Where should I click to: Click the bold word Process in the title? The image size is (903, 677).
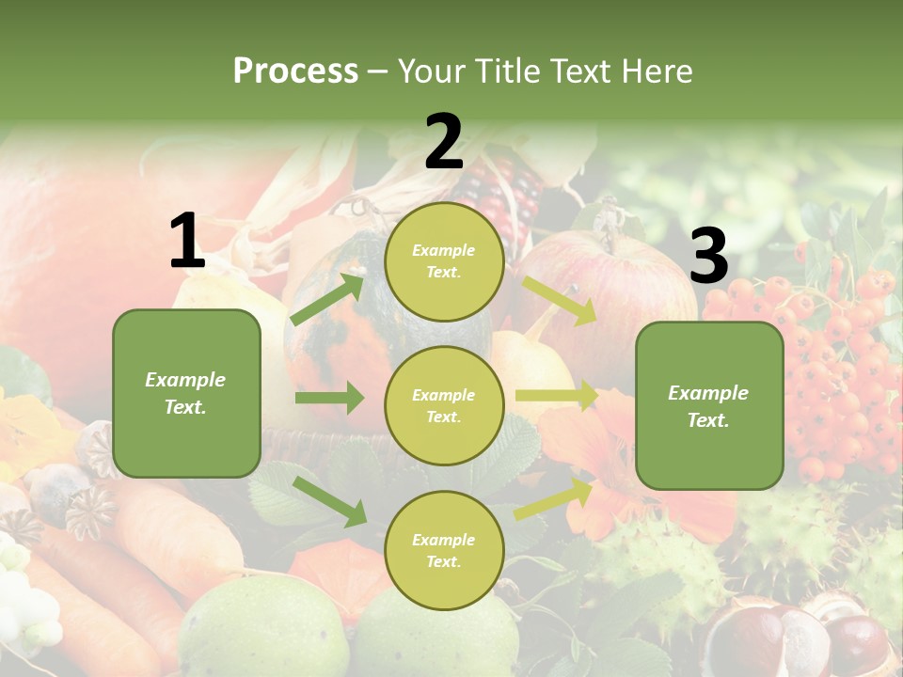(x=295, y=71)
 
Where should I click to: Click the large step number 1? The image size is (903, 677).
(x=187, y=241)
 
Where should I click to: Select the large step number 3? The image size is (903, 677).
(x=708, y=256)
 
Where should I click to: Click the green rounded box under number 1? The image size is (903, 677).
(x=186, y=393)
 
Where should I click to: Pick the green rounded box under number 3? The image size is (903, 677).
(x=709, y=405)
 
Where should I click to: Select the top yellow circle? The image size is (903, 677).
(x=444, y=261)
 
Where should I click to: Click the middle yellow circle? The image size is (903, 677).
(x=444, y=405)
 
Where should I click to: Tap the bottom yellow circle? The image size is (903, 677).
(x=444, y=550)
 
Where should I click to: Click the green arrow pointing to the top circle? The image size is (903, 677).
(x=327, y=299)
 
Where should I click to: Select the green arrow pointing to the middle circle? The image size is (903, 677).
(x=329, y=398)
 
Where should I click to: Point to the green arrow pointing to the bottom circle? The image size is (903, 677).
(x=329, y=500)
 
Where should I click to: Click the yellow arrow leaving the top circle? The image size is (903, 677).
(x=559, y=300)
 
